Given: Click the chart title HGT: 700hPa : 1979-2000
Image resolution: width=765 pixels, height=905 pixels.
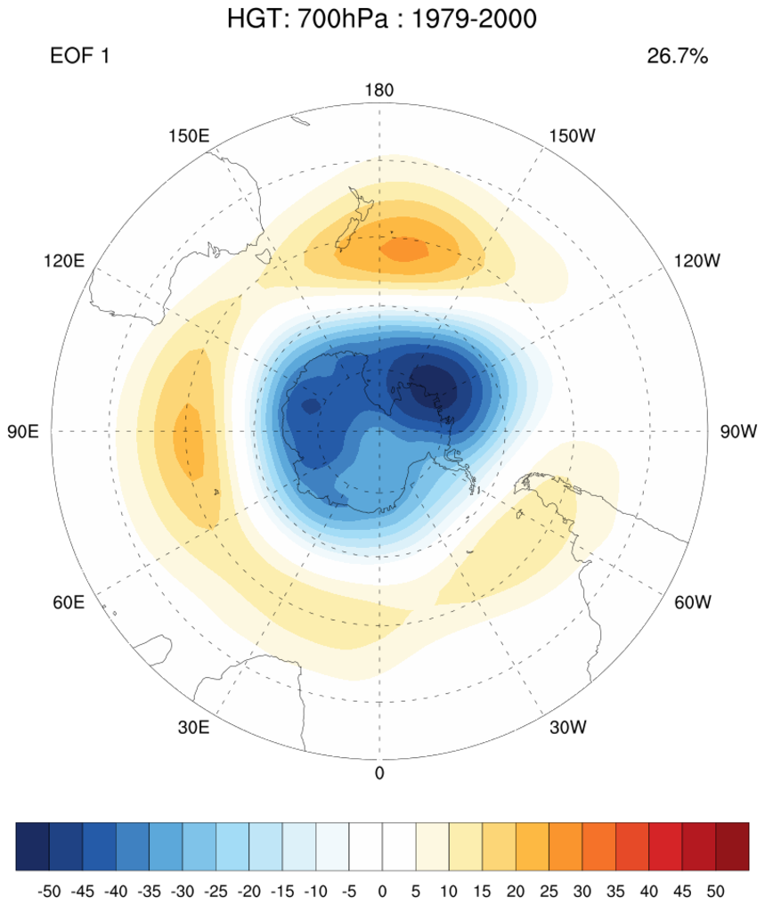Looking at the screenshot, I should [x=383, y=18].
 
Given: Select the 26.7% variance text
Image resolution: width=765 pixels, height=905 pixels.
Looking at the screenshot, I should [x=677, y=57].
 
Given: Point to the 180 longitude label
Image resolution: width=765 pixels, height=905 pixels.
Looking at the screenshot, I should [x=379, y=91].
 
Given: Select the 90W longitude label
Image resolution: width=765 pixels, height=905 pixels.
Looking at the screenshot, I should [x=738, y=432].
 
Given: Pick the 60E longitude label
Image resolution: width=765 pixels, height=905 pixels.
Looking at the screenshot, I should [x=69, y=602].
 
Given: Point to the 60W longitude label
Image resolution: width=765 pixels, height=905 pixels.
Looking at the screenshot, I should [x=693, y=602].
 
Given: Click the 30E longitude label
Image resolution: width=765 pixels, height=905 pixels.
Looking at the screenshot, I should [x=192, y=727].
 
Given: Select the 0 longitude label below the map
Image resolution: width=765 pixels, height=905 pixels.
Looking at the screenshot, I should [x=379, y=773].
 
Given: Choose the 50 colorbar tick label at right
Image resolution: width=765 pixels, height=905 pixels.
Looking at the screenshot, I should [x=715, y=890].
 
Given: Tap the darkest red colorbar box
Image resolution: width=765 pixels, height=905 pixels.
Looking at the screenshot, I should [x=732, y=845].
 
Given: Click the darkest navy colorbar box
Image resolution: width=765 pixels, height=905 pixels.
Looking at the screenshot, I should [x=32, y=845].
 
